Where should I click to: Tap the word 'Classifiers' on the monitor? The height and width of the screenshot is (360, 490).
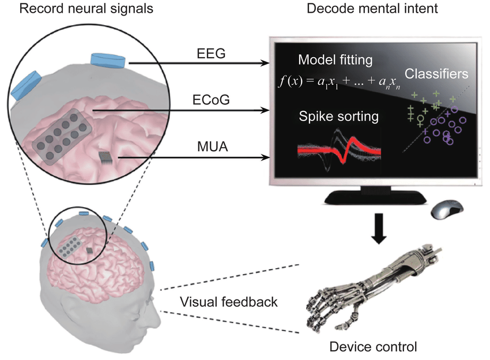pos(436,74)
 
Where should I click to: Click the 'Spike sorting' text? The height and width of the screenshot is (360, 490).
pos(338,117)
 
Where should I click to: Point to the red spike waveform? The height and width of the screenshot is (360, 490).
pos(338,151)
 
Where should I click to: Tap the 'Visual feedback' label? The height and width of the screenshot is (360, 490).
pos(228,302)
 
